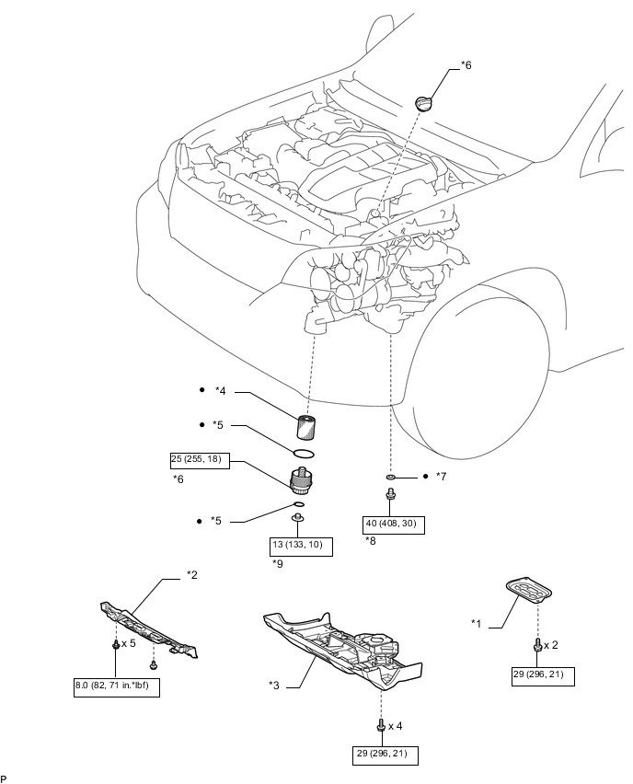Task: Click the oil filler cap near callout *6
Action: tap(423, 104)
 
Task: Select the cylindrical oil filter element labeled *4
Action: tap(305, 427)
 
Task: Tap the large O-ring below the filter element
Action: tap(304, 454)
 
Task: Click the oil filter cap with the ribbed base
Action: tap(301, 480)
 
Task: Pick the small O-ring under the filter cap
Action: tap(298, 503)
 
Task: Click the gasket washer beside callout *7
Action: tap(391, 477)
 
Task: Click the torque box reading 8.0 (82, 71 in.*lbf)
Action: tap(117, 686)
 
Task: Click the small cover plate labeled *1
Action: tap(528, 591)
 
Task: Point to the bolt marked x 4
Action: tap(381, 725)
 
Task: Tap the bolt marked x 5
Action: tap(116, 644)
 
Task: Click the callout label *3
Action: tap(274, 685)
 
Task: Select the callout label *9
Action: tap(278, 563)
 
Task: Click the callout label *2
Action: tap(192, 575)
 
